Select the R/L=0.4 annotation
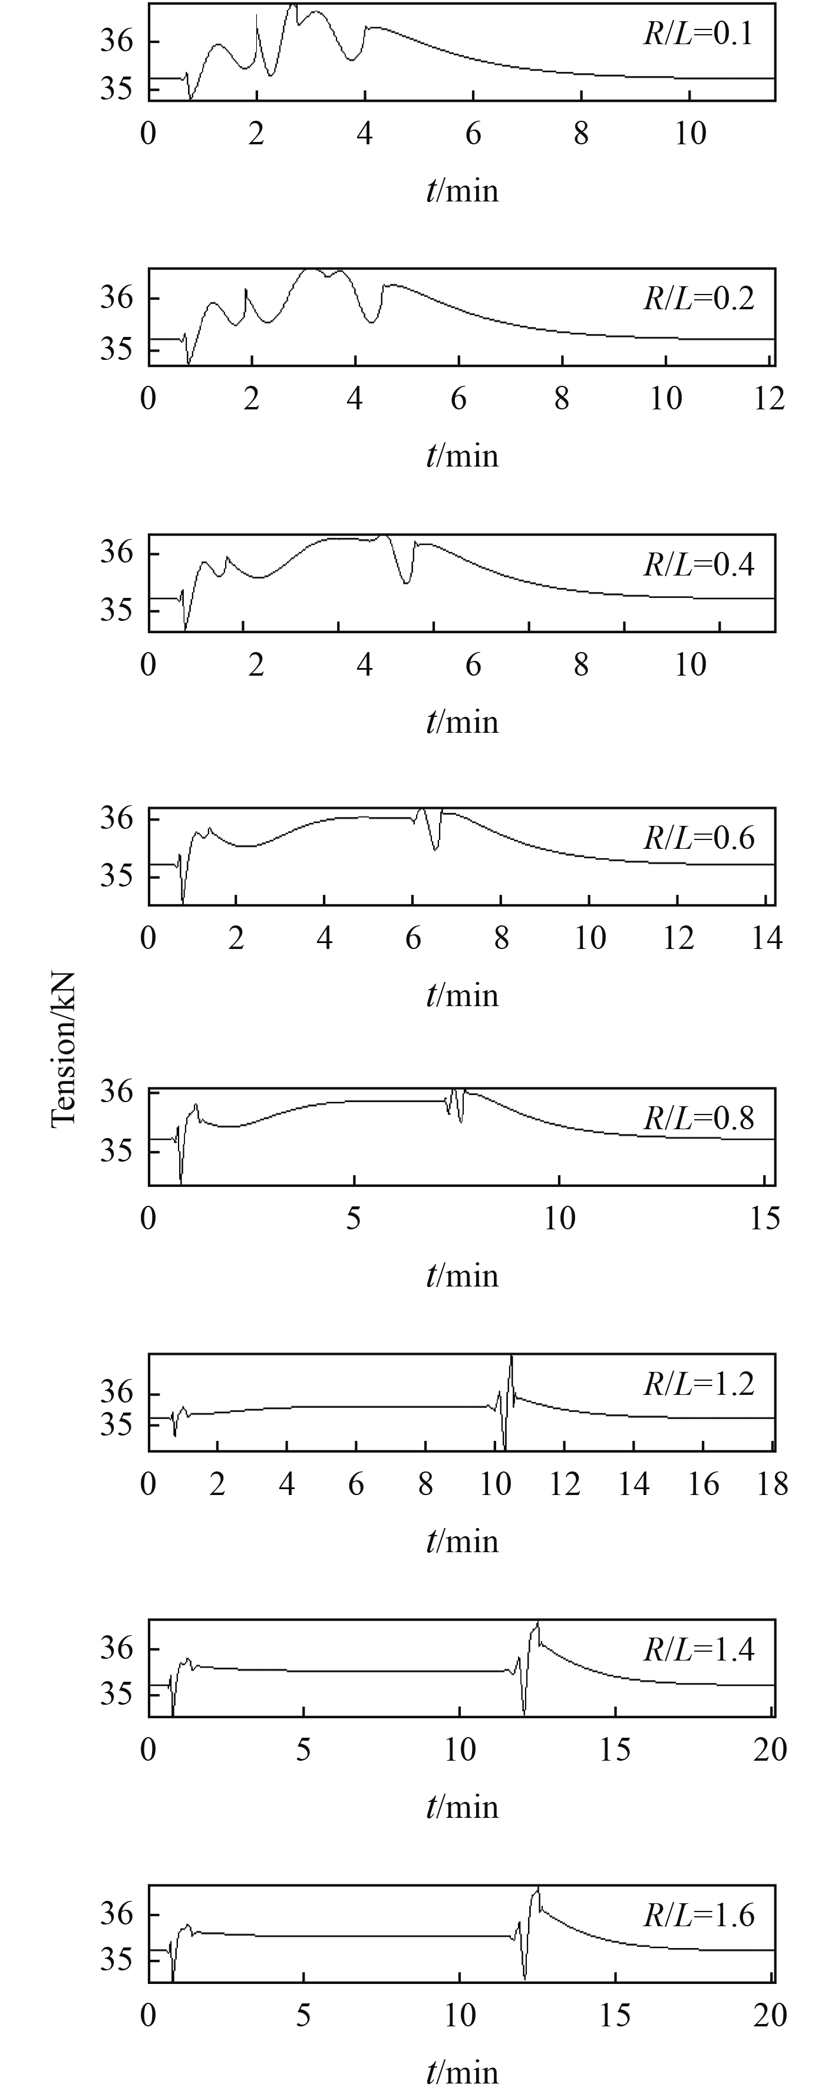698,564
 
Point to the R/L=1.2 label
698,1384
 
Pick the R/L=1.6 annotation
698,1914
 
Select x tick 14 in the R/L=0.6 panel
767,938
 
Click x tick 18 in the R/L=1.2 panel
772,1484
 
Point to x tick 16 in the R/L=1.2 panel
703,1484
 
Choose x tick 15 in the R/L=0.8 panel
765,1219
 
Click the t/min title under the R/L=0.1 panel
461,191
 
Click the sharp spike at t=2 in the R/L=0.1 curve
257,16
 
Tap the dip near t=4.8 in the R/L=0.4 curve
406,582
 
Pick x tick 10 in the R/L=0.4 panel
690,664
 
